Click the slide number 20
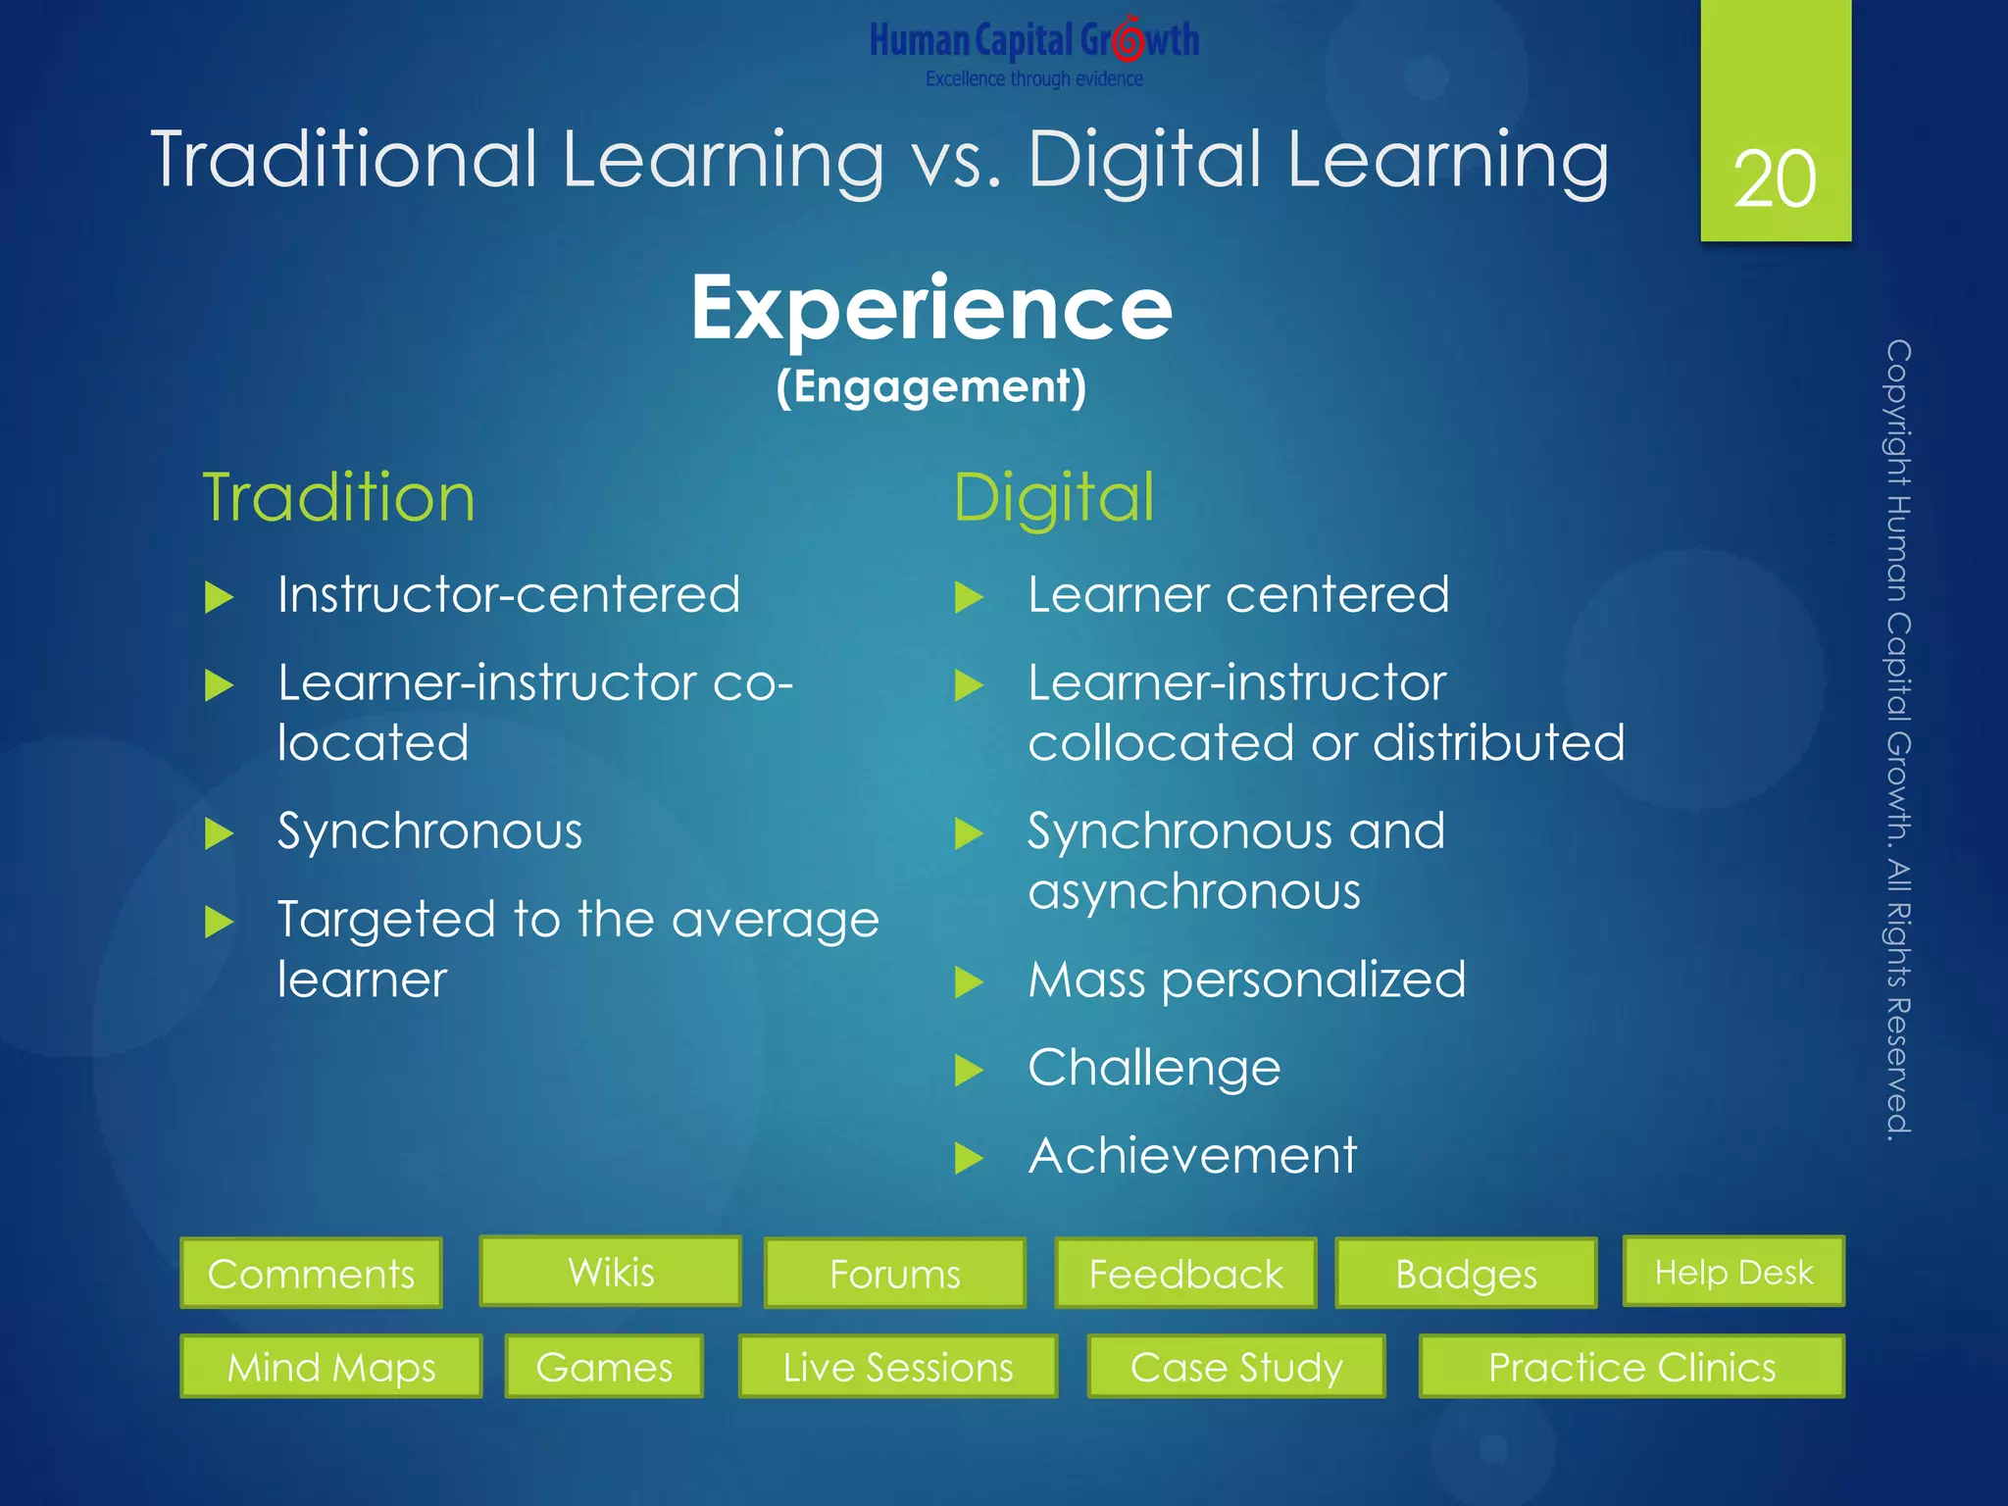point(1775,179)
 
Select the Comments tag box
point(311,1274)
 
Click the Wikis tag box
point(610,1272)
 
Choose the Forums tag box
point(894,1274)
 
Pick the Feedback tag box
point(1185,1274)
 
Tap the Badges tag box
point(1466,1274)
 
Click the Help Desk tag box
point(1733,1272)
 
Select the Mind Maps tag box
point(331,1366)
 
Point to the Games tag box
point(604,1366)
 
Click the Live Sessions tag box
point(898,1366)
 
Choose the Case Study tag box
point(1236,1366)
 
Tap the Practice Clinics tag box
point(1631,1366)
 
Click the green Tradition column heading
point(338,497)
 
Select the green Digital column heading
point(1054,497)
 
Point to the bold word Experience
point(931,308)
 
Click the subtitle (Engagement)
point(931,386)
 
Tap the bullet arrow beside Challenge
point(969,1070)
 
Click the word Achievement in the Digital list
point(1192,1155)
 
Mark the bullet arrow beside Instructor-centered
point(219,597)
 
